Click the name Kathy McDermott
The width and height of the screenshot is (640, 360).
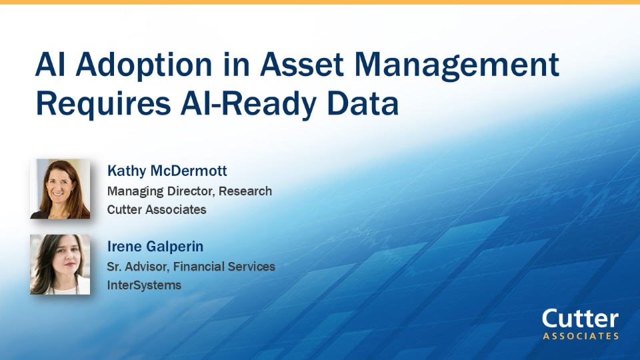tap(167, 171)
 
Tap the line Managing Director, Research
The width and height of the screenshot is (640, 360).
tap(189, 191)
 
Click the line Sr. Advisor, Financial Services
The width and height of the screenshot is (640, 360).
tap(191, 267)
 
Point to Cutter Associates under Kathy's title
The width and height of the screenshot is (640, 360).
tap(157, 209)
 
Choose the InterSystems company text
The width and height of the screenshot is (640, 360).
tap(144, 285)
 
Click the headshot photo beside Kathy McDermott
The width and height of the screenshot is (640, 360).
tap(60, 189)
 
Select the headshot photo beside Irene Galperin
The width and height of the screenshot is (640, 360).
tap(60, 265)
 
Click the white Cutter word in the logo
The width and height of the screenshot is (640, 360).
tap(580, 319)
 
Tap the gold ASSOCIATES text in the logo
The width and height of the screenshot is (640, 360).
tap(580, 336)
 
